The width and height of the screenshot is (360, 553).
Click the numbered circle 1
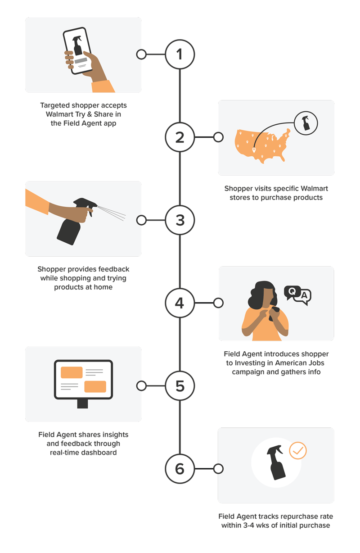click(180, 54)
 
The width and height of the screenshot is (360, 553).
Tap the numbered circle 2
click(180, 137)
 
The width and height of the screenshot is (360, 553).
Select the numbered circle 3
click(180, 220)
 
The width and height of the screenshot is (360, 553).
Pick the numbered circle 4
click(180, 303)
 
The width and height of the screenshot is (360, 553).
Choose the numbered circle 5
click(180, 385)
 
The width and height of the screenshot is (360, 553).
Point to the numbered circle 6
click(180, 469)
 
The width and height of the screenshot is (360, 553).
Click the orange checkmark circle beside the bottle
click(298, 450)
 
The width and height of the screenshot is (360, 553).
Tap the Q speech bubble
click(292, 292)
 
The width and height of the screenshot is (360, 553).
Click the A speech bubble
click(304, 296)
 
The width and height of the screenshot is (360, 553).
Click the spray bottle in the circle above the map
click(306, 123)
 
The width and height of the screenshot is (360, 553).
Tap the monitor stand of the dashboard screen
click(82, 403)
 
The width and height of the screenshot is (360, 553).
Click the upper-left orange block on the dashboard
click(72, 372)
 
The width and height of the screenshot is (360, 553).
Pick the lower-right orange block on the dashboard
click(95, 386)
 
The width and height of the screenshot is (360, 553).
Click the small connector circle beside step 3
click(141, 220)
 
